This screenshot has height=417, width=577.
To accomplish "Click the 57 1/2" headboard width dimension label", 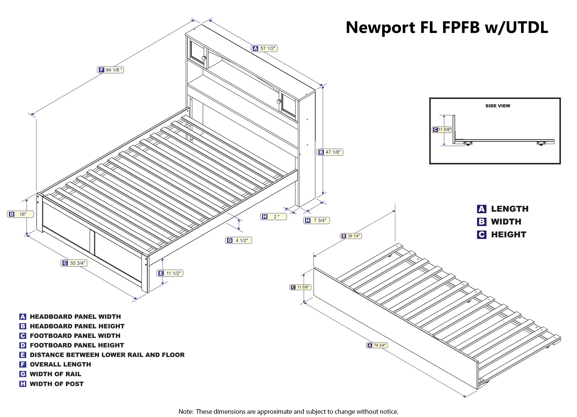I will pos(265,48).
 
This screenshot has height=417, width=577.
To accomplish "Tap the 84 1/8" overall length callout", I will pos(110,70).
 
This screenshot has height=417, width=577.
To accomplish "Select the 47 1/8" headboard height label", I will pos(330,152).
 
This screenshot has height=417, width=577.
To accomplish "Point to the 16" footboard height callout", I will pos(20,214).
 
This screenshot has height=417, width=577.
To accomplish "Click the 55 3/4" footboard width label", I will pos(74,263).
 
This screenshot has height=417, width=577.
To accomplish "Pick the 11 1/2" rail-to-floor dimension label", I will pos(170,273).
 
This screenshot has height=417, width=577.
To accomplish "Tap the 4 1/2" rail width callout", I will pos(239,240).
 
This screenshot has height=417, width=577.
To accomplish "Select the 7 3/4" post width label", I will pos(316,220).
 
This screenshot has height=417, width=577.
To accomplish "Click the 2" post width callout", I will pos(273,217).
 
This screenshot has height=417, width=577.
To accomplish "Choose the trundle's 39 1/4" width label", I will pos(351,236).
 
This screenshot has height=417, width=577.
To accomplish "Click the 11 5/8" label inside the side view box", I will pos(442,130).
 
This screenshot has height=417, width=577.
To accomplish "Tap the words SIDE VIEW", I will pos(498,106).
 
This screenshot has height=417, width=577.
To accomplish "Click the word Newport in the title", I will pos(380,28).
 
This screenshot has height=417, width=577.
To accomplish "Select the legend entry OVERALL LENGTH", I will pos(60,364).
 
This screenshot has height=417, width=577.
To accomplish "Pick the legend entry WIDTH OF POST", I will pos(57,384).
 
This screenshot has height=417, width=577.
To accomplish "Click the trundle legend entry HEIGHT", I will pos(509,235).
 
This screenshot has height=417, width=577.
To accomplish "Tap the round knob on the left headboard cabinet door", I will pos(204,58).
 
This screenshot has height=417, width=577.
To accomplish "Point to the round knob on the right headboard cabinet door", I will pos(279,102).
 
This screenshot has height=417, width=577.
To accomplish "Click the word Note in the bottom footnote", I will pos(186,412).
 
